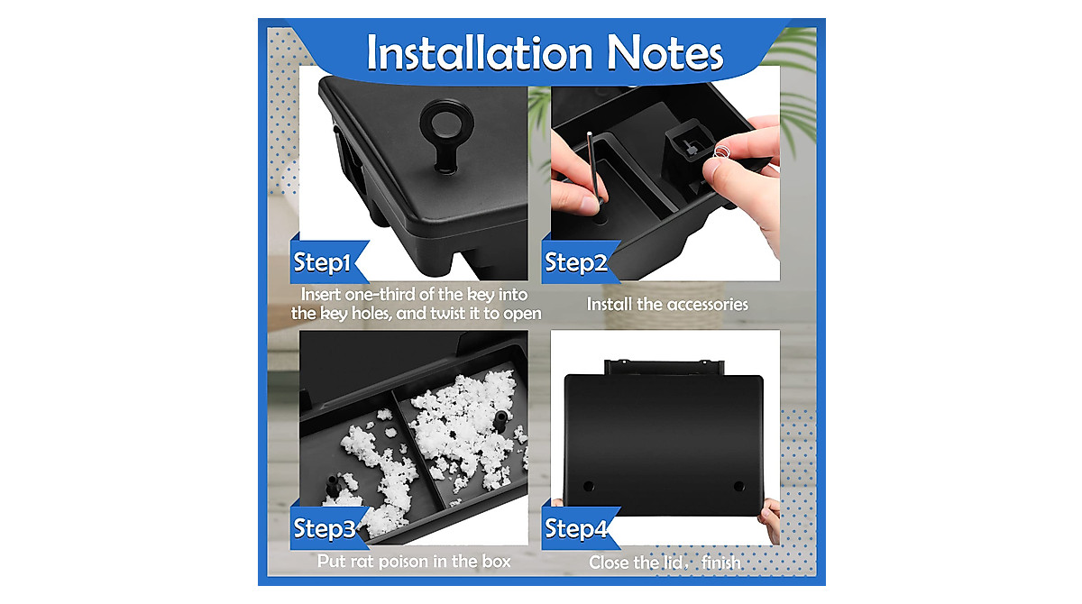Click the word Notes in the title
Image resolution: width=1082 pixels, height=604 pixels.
[665, 53]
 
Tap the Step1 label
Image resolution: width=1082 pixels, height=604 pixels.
[322, 263]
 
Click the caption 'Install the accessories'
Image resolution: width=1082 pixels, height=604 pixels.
[667, 305]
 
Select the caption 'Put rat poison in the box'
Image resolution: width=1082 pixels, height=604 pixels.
[414, 562]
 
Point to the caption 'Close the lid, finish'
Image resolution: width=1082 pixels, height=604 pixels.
[665, 563]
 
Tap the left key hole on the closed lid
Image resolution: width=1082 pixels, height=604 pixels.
[589, 486]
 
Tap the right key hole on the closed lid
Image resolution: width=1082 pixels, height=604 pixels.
[738, 486]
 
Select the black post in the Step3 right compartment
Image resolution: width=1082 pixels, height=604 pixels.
[497, 418]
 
